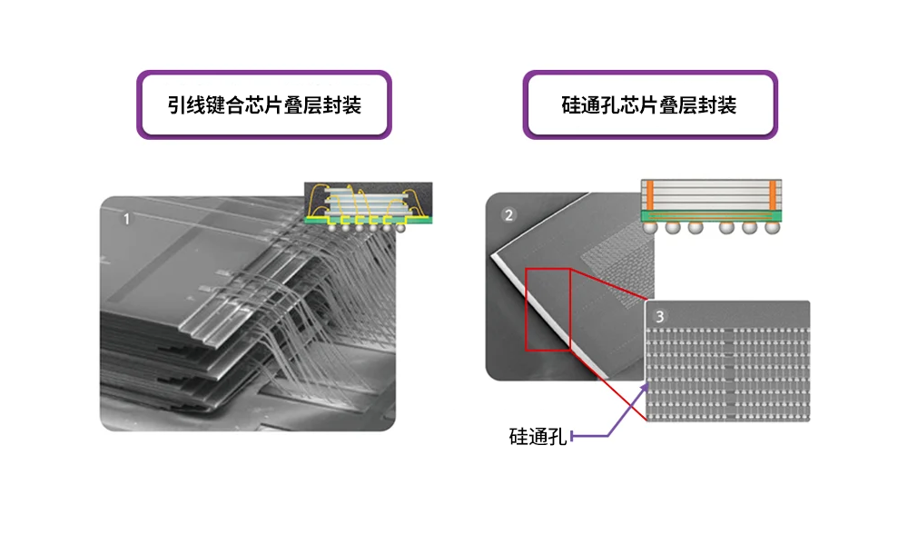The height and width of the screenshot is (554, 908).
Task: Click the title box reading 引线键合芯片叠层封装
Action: point(263,104)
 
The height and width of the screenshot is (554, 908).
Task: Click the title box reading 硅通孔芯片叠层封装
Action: point(649,104)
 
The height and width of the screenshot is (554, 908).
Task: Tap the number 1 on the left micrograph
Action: point(126,219)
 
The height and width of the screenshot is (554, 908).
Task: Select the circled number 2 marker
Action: point(508,215)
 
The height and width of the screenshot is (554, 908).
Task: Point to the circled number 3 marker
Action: point(660,316)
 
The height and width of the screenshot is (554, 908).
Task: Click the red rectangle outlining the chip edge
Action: point(548,310)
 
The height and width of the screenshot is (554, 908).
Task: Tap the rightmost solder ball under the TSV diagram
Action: point(773,229)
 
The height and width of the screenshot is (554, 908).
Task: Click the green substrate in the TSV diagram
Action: point(711,216)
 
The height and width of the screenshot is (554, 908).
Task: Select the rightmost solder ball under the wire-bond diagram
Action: point(400,226)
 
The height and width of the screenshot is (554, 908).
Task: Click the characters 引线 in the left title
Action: point(185,104)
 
